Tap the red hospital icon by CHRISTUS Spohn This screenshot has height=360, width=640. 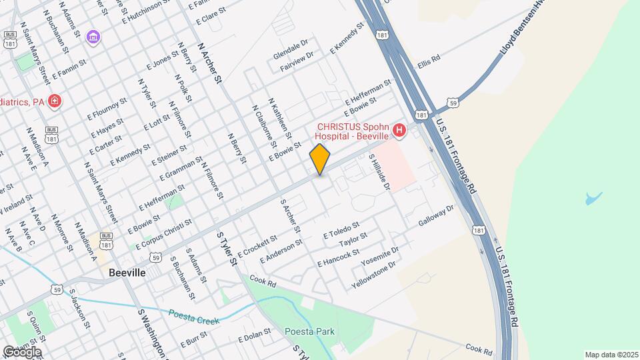399,130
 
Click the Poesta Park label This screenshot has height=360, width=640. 309,331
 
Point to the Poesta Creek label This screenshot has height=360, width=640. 193,317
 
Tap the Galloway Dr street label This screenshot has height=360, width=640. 436,215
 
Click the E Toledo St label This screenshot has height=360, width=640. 341,231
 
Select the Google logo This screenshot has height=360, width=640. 21,352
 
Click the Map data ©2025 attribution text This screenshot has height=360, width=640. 611,355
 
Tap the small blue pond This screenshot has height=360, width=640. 593,199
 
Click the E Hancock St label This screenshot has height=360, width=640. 339,257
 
